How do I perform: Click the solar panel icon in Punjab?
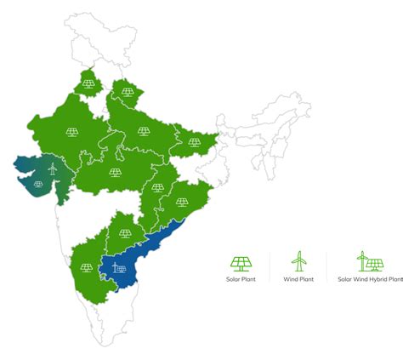click(x=89, y=84)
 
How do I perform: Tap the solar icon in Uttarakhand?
click(x=127, y=92)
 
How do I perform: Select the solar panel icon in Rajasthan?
click(x=72, y=132)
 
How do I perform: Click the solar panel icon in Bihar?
click(x=195, y=142)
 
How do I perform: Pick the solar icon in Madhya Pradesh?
click(x=115, y=172)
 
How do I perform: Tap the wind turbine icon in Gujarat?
click(x=51, y=169)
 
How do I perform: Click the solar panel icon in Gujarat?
click(x=38, y=183)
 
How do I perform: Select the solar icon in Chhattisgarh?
click(x=159, y=188)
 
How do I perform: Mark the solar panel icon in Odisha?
click(x=182, y=203)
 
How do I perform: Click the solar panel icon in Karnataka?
click(x=86, y=267)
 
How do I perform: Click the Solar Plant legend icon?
click(x=241, y=262)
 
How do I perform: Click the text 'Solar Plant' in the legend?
click(x=241, y=278)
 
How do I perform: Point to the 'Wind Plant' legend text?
click(x=298, y=278)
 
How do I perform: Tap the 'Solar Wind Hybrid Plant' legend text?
click(x=369, y=278)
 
